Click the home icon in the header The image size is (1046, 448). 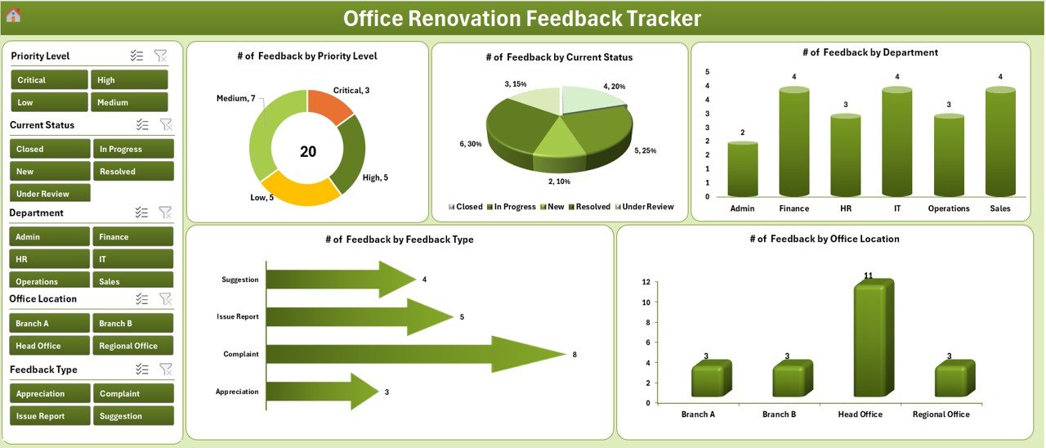[13, 16]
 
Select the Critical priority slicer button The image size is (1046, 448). [49, 80]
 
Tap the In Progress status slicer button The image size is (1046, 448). [132, 149]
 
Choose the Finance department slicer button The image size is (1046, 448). [132, 237]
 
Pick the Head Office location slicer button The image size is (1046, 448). [49, 346]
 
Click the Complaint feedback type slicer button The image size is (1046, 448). [132, 394]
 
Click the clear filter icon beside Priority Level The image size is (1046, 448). [160, 56]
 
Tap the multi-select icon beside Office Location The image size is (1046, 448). [141, 299]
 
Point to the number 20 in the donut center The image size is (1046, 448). [308, 152]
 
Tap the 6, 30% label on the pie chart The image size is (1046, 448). [471, 144]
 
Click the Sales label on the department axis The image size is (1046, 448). [1000, 208]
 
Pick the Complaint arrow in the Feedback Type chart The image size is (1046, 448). [409, 354]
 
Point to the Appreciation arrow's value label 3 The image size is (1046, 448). [387, 392]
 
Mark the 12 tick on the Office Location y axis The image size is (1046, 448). [646, 282]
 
